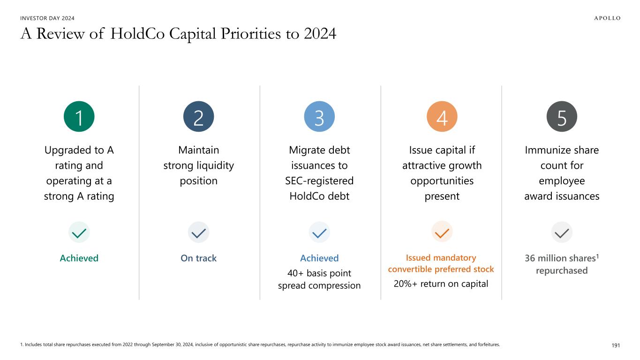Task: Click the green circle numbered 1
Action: (79, 117)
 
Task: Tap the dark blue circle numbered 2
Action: (198, 117)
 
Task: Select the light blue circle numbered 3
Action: (319, 117)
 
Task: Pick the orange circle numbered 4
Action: (442, 117)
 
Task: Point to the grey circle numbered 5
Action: (562, 117)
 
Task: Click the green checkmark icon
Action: (79, 232)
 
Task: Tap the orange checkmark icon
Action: (442, 232)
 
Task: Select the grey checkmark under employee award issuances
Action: (562, 232)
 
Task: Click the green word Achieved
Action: (79, 258)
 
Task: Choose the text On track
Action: (198, 258)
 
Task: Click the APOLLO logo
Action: (601, 18)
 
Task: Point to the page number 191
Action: (616, 345)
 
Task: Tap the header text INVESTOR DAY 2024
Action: (47, 18)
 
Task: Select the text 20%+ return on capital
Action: (442, 283)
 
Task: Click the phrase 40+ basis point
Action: (319, 273)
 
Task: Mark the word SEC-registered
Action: (319, 181)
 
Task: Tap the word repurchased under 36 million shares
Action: (562, 271)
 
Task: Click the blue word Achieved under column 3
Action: (319, 258)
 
